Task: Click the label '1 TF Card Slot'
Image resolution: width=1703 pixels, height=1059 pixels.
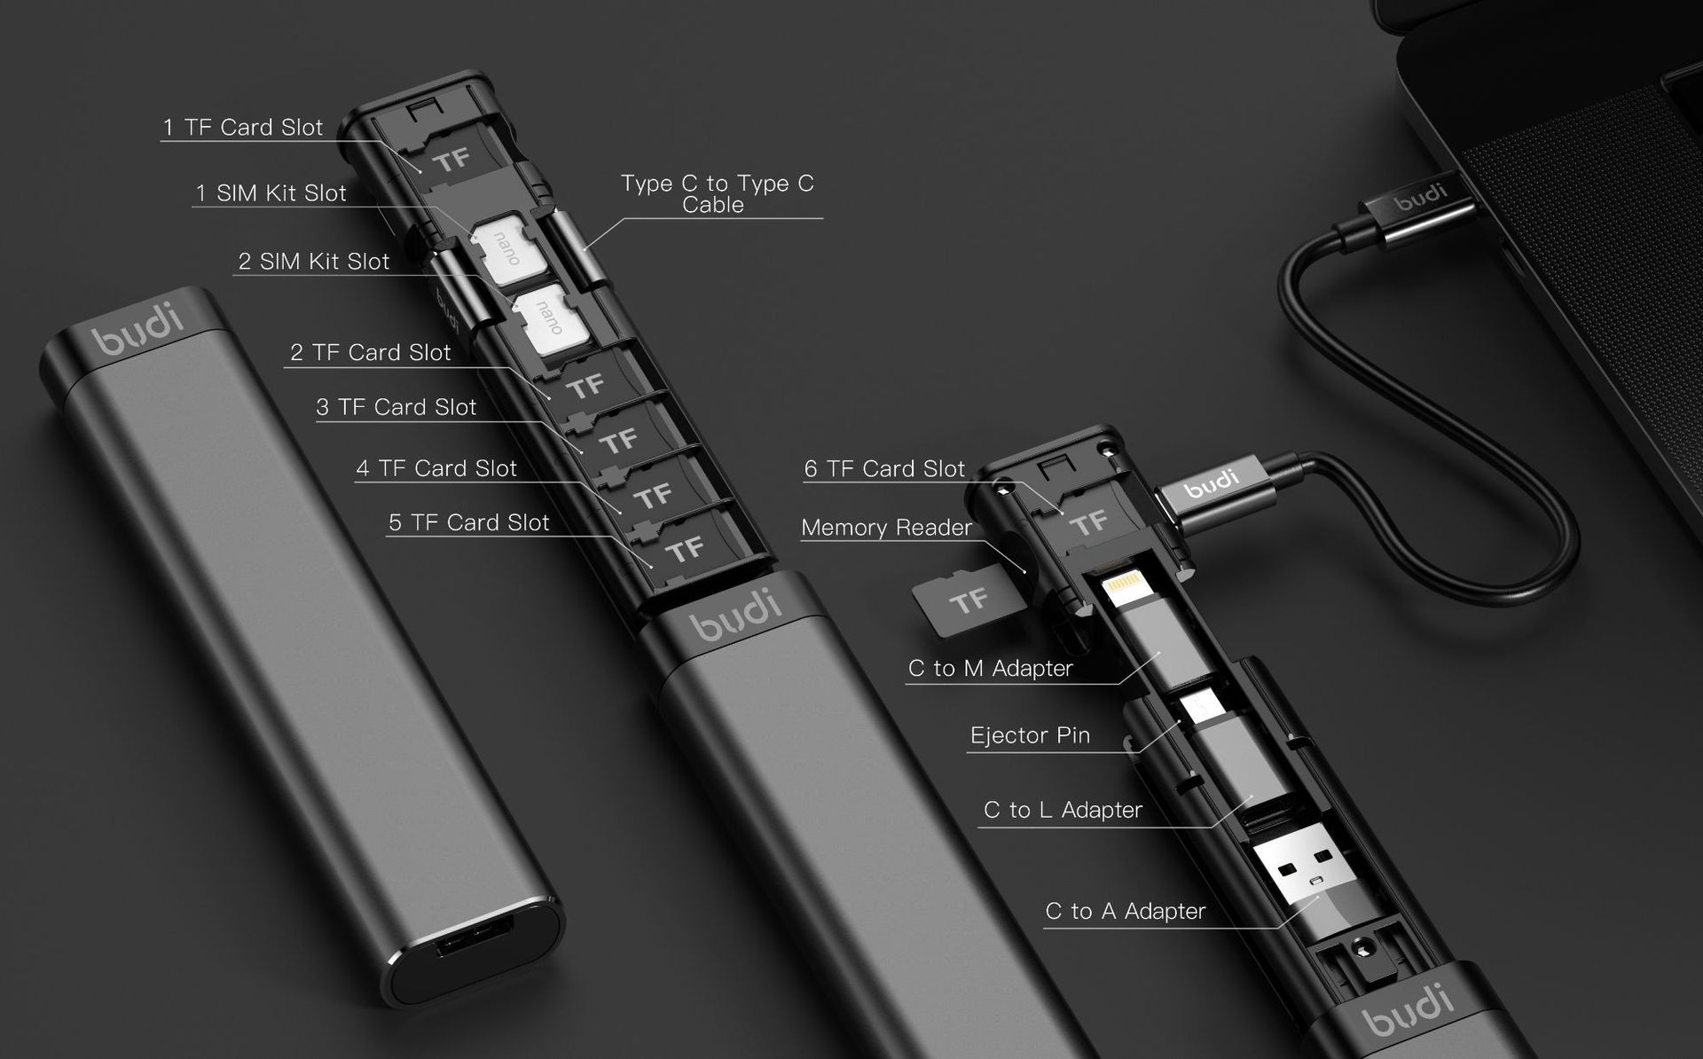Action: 242,128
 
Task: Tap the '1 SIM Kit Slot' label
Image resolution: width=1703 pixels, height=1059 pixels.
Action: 271,193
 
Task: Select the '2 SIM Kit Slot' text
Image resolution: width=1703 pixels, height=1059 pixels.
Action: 313,262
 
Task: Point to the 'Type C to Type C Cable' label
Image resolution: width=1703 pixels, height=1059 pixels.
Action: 717,193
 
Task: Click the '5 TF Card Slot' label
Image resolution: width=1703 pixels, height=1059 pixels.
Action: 468,523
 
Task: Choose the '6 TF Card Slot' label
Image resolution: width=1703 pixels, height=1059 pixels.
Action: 884,469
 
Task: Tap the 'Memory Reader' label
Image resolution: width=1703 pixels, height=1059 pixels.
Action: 886,528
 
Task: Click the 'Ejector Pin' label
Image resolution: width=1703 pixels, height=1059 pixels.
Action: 1030,735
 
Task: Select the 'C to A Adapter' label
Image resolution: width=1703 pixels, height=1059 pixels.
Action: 1125,912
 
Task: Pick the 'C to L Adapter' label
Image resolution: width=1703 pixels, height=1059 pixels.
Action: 1062,811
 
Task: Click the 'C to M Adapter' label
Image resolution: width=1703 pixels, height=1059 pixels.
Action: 990,669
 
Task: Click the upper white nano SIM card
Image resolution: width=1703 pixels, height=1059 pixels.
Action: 501,248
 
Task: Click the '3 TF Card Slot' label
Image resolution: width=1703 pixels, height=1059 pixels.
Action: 396,408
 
